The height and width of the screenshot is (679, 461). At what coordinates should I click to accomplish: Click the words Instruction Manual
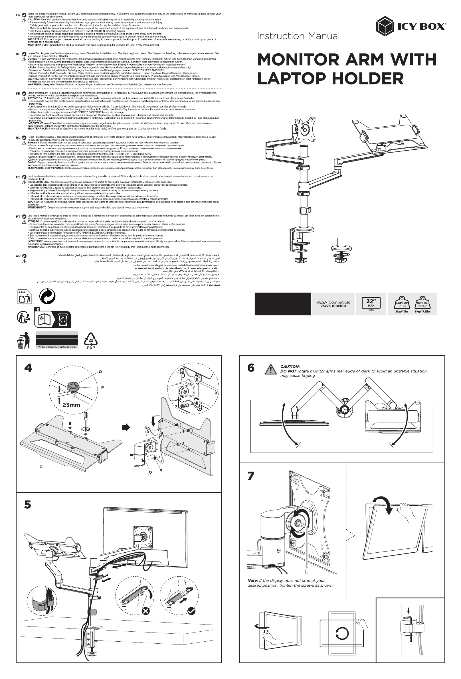click(298, 36)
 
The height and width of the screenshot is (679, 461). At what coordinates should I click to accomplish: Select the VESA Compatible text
click(333, 302)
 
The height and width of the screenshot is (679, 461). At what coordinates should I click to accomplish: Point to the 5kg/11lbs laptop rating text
click(402, 311)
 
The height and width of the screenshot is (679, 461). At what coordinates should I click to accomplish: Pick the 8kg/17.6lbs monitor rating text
click(422, 311)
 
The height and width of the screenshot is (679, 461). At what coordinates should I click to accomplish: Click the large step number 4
click(28, 368)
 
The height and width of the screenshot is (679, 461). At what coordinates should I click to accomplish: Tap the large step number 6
click(251, 368)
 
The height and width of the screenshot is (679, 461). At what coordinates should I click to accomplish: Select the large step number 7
click(251, 476)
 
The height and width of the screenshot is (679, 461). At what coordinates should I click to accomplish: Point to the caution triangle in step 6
click(271, 370)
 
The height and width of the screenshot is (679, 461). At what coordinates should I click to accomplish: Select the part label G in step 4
click(41, 467)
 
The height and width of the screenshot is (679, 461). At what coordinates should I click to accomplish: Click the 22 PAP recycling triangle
click(91, 340)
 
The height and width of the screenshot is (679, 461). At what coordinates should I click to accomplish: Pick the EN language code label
click(18, 15)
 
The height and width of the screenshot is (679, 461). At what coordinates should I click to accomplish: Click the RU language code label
click(18, 138)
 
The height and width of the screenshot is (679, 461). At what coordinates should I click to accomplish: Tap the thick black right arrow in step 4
click(126, 427)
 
